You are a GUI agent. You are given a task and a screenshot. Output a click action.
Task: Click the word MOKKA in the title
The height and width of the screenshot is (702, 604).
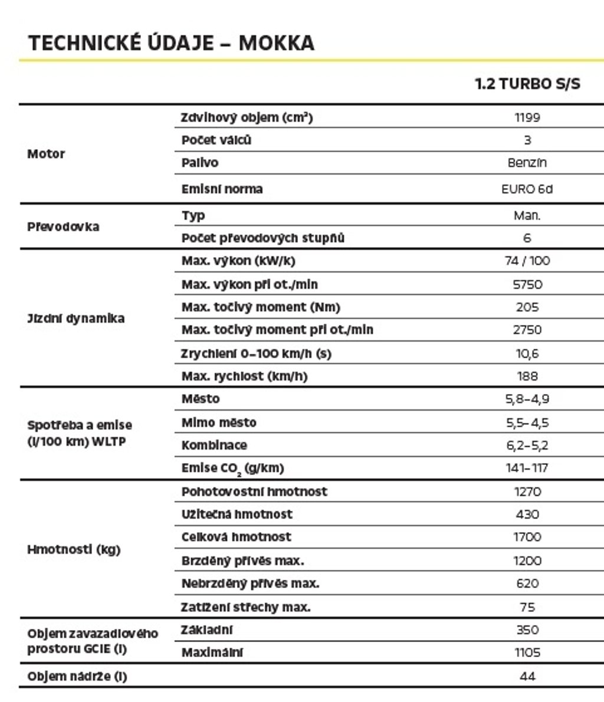point(276,43)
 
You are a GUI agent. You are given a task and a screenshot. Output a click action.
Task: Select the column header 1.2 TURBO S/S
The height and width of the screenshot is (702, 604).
point(527,84)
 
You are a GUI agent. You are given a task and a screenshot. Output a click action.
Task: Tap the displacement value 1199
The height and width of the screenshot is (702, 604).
point(527,117)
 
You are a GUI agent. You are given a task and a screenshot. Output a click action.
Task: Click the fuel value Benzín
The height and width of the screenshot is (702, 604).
point(527,163)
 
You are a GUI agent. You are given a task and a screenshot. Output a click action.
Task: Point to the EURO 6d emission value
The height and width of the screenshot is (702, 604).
point(527,189)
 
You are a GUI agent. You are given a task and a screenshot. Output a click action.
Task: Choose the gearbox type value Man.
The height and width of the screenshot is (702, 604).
point(527,215)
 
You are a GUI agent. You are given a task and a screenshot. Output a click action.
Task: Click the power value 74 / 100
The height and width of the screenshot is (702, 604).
point(527,261)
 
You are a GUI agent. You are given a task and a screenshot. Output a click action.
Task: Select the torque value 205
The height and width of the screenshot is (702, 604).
point(527,307)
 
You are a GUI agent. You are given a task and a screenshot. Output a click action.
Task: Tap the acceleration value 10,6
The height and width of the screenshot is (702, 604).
point(527,354)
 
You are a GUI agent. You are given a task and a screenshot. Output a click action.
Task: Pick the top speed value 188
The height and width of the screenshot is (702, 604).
point(527,376)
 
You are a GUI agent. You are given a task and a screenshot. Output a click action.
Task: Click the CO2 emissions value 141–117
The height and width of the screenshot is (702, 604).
point(527,468)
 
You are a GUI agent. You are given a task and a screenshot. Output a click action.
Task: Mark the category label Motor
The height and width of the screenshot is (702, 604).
point(46,154)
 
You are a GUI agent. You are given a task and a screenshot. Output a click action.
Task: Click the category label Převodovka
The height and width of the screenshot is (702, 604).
point(63,227)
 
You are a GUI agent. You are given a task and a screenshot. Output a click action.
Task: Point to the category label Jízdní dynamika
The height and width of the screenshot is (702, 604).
point(75,319)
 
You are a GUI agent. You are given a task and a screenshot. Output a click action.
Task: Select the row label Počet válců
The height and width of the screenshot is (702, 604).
point(216,140)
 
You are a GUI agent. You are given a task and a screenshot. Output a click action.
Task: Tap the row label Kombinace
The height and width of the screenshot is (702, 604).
point(214,445)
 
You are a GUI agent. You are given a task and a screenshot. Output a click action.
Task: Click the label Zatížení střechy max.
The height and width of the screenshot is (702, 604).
point(245,607)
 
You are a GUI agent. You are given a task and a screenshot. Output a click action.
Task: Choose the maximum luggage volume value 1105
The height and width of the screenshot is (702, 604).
point(527,653)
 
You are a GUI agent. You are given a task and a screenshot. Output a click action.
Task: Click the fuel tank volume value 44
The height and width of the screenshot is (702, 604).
point(527,677)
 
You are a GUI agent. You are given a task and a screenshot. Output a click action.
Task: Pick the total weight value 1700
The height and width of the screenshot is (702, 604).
point(527,537)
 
